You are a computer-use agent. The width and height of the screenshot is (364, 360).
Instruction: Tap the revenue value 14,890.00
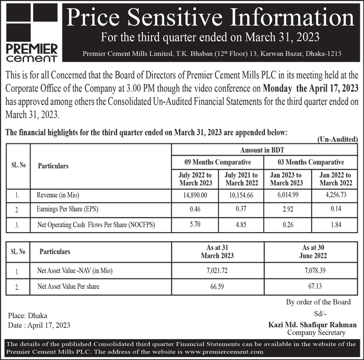tap(195, 195)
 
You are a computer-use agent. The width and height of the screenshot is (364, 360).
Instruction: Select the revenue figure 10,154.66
tap(242, 195)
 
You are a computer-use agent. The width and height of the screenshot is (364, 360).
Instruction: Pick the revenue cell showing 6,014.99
tap(287, 195)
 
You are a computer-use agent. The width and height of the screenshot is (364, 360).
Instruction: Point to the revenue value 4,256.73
tap(336, 195)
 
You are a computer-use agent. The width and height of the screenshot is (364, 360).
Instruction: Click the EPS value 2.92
tap(287, 210)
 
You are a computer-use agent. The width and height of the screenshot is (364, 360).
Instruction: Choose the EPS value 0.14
tap(336, 210)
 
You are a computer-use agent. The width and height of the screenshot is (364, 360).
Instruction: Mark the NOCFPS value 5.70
tap(195, 224)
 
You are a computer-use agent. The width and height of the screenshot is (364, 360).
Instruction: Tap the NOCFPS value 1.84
tap(336, 224)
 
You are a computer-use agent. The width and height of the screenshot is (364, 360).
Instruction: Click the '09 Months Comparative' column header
tap(218, 162)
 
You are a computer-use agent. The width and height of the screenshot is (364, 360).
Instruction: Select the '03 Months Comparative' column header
tap(311, 162)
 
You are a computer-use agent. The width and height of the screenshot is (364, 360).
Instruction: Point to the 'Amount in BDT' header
tap(264, 150)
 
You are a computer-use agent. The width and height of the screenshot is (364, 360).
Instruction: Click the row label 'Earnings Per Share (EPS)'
tap(67, 210)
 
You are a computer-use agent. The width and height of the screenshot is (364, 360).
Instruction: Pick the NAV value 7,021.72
tap(217, 271)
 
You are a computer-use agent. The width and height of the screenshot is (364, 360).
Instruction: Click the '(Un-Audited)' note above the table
tap(336, 140)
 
